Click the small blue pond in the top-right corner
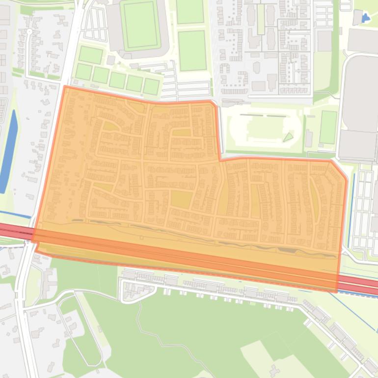[x=365, y=18]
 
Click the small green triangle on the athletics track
[x=288, y=137]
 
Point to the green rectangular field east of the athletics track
[x=328, y=127]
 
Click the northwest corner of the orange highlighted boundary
[x=65, y=87]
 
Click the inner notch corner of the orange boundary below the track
[x=219, y=160]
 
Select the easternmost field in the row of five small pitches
[x=151, y=86]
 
